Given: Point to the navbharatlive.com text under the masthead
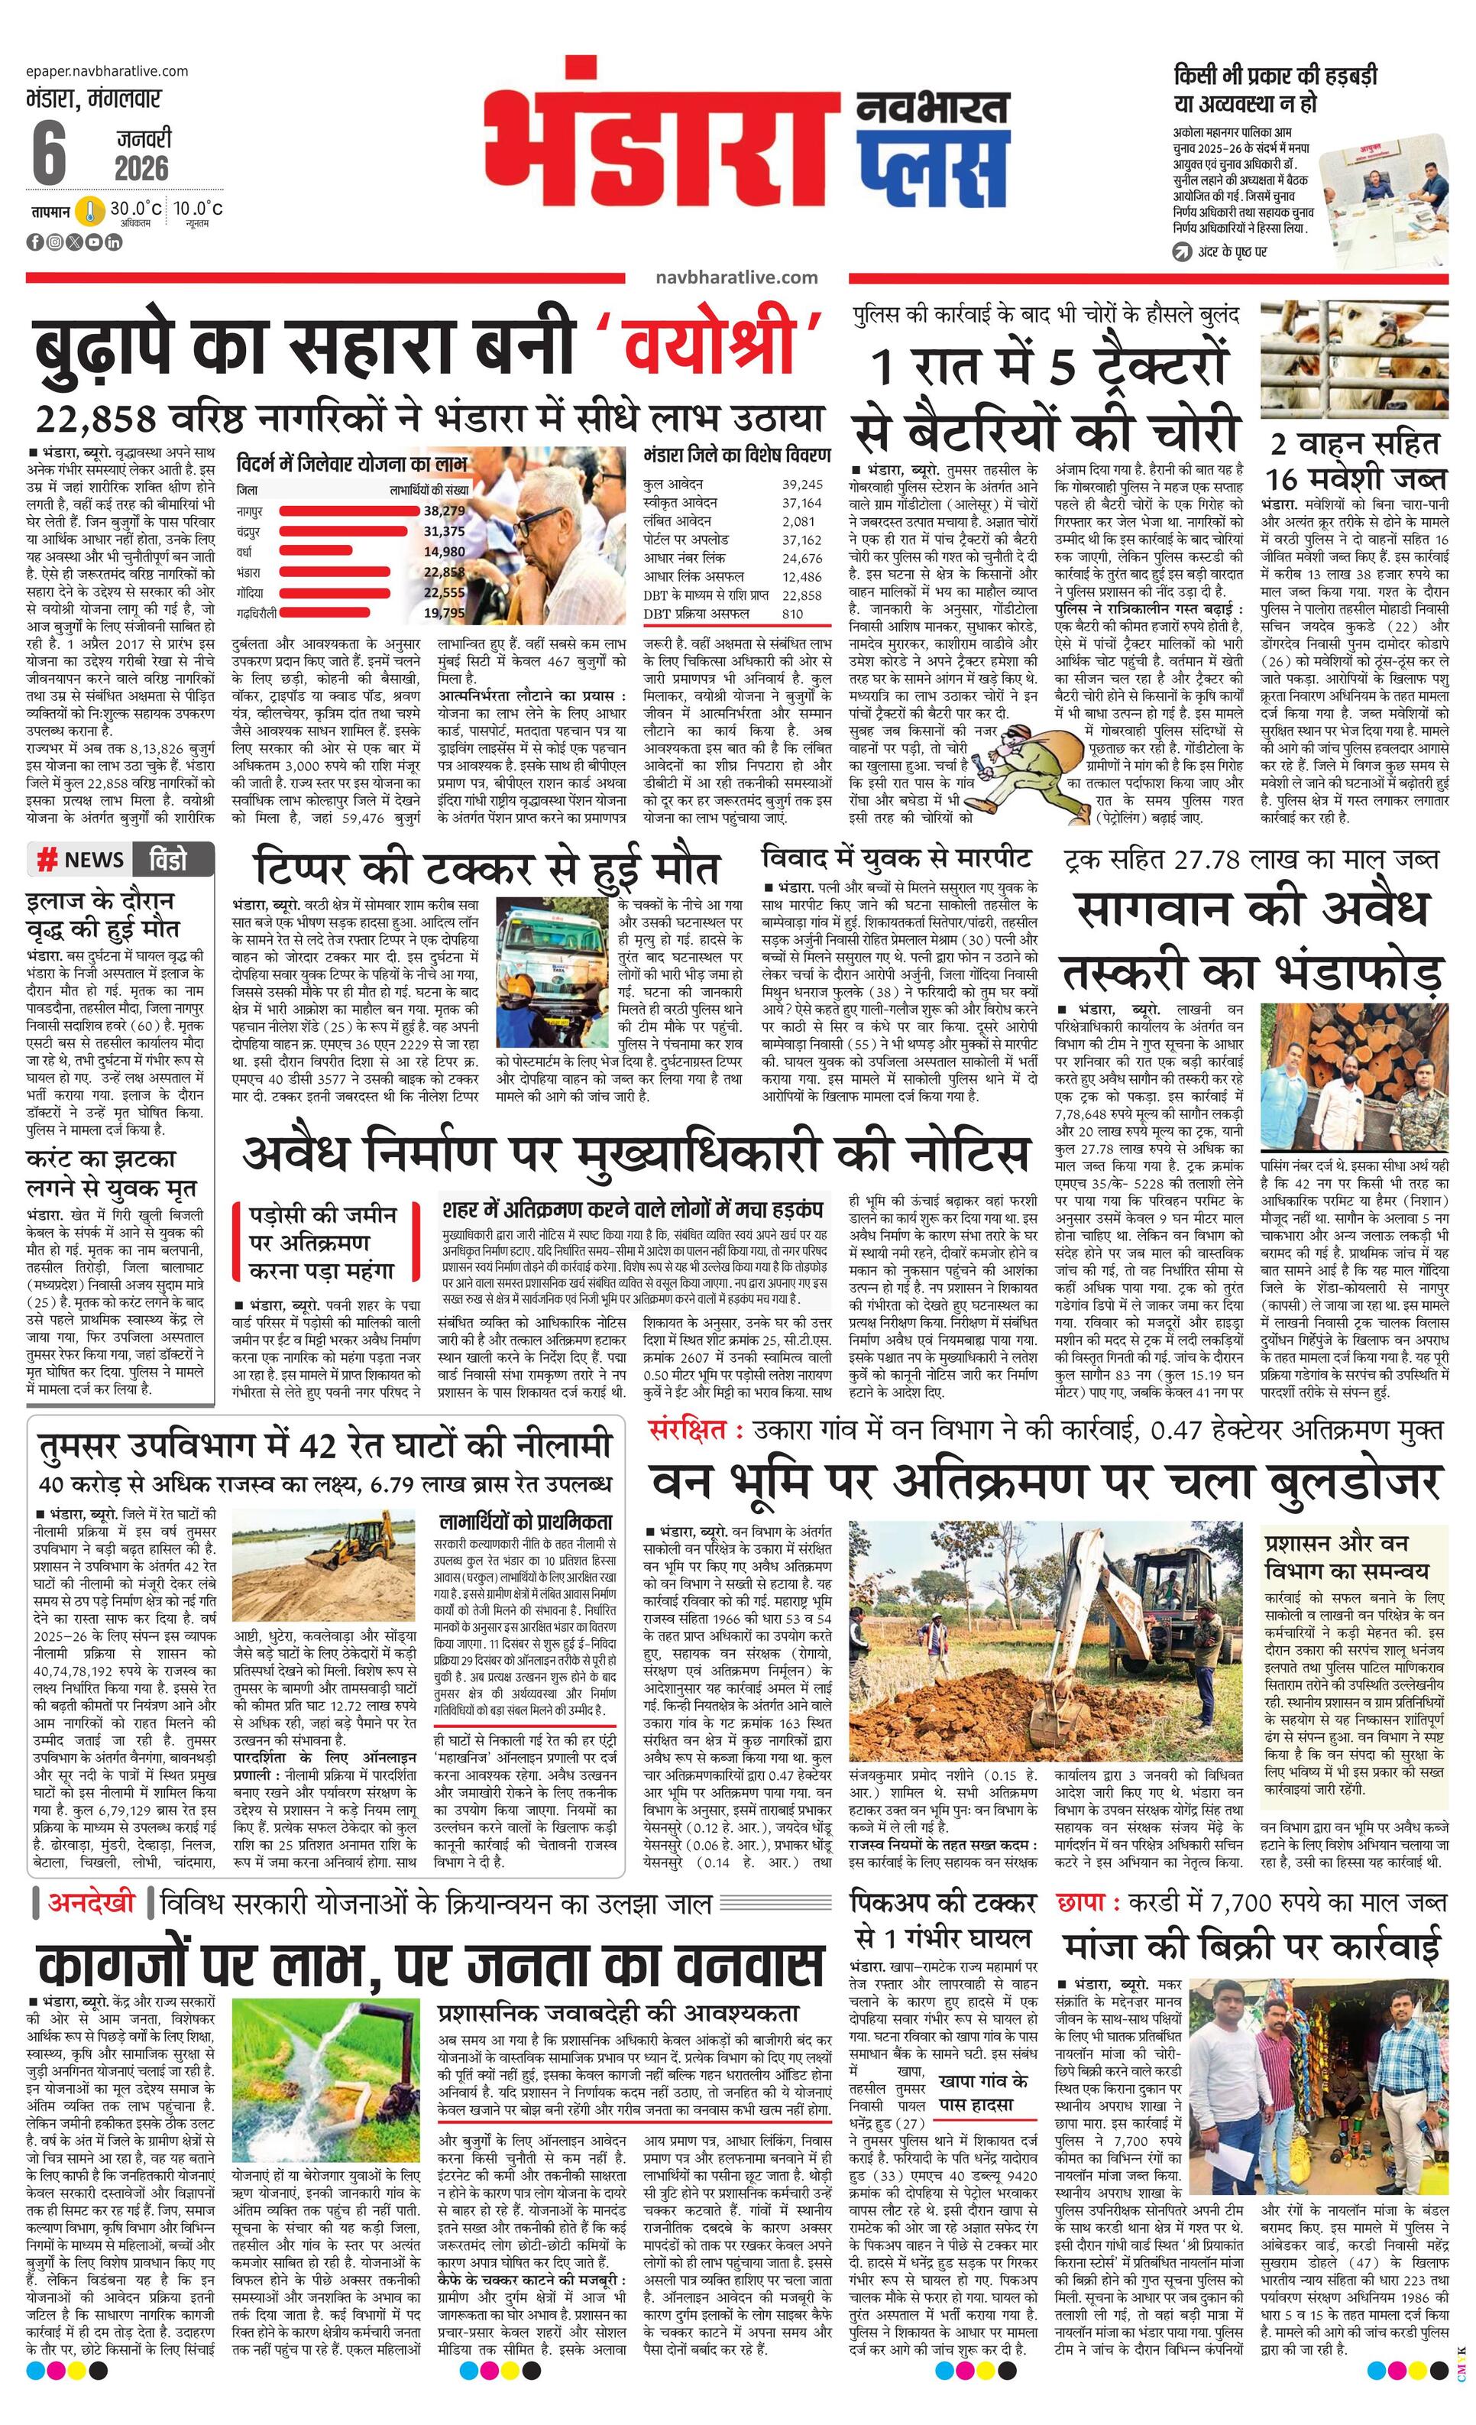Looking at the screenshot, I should (x=736, y=277).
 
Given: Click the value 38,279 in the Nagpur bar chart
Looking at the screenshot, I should (x=444, y=511).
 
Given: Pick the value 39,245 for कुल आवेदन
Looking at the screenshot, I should (x=802, y=485).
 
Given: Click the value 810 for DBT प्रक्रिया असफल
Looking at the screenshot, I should (x=792, y=613).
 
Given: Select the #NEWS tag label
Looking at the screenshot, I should (x=81, y=859).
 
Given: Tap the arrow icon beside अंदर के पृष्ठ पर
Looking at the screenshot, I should (x=1182, y=252).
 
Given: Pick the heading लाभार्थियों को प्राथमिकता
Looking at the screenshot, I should (x=526, y=1521).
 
